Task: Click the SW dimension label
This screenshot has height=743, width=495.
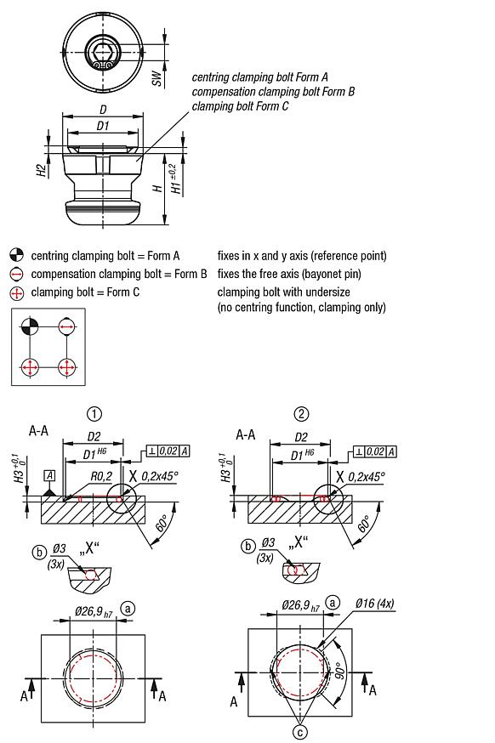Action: coord(156,77)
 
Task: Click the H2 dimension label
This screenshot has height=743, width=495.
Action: coord(41,170)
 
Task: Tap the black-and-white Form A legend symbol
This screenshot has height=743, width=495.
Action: coord(16,255)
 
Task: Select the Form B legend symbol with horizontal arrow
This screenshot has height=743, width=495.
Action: coord(16,274)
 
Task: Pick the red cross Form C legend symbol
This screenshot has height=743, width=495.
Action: coord(16,292)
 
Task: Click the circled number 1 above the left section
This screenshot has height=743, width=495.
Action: coord(95,414)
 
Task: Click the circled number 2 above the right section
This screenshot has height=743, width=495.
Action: coord(301,414)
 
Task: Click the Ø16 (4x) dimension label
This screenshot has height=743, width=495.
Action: coord(377,604)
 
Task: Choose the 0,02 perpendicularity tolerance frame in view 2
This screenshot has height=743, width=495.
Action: coord(373,451)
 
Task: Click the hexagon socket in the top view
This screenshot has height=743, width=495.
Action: coord(103,53)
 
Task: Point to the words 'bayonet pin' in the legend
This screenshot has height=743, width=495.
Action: coord(356,274)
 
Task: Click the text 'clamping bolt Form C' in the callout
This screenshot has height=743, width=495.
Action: coord(240,106)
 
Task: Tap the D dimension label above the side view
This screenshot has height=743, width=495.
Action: coord(103,111)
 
